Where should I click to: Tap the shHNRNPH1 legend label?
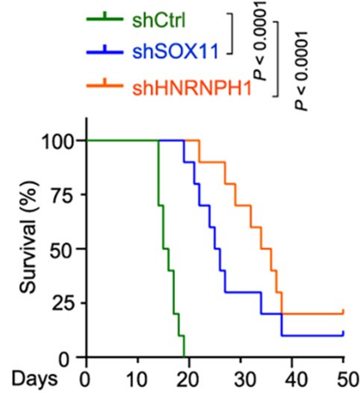[191, 87]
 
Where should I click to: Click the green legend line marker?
[107, 22]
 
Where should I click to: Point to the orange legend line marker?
[107, 86]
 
